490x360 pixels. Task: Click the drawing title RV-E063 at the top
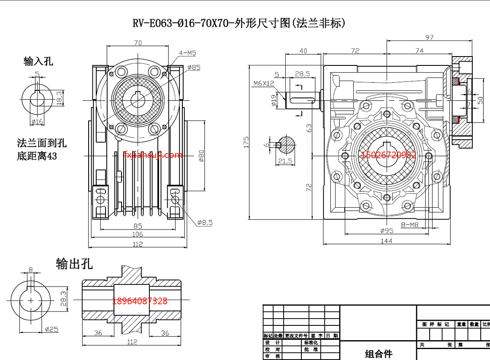click(x=239, y=23)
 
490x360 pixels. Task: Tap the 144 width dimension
click(x=386, y=241)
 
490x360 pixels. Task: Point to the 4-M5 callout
click(x=187, y=53)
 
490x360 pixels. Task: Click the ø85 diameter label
click(x=194, y=67)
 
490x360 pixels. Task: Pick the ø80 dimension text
click(x=201, y=155)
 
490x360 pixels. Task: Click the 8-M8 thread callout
click(x=409, y=225)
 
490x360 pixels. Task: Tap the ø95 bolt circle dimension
click(x=386, y=230)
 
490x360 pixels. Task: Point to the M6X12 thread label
click(x=263, y=84)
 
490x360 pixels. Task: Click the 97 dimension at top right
click(x=429, y=38)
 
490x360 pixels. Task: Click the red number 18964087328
click(x=140, y=301)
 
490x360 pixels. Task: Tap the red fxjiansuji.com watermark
click(x=153, y=155)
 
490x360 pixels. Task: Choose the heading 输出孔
click(x=74, y=264)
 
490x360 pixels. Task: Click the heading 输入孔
click(x=38, y=62)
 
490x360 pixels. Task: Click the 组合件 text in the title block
click(x=379, y=354)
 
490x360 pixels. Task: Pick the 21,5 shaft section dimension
click(x=286, y=161)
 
